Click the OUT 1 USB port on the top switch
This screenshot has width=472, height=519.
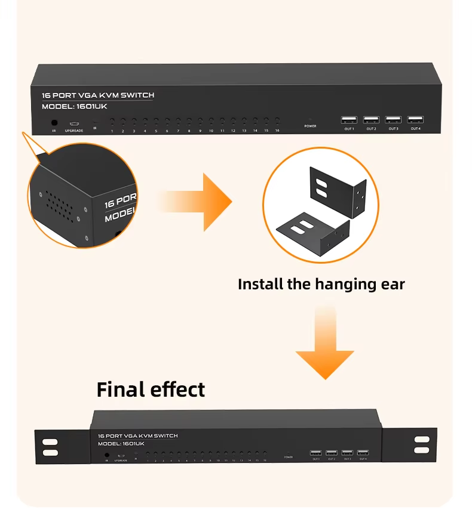(349, 119)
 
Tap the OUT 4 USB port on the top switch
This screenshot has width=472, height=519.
(415, 119)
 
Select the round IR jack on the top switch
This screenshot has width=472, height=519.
(54, 122)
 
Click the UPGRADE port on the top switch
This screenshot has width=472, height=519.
(74, 123)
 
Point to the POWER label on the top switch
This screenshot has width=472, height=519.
(310, 126)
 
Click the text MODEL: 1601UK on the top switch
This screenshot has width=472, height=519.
(75, 107)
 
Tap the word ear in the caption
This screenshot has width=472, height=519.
(392, 284)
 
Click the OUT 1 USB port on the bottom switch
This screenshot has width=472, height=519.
(315, 453)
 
